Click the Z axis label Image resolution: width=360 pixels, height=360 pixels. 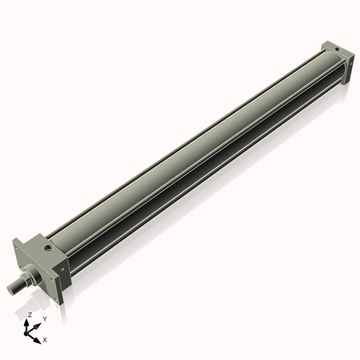click(30, 315)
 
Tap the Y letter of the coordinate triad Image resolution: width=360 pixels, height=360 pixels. click(45, 318)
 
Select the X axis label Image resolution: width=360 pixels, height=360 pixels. click(45, 338)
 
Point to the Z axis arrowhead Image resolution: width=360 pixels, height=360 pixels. click(29, 321)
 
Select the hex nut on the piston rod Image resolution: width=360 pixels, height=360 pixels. click(29, 276)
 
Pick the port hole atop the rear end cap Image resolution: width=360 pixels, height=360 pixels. click(335, 50)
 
